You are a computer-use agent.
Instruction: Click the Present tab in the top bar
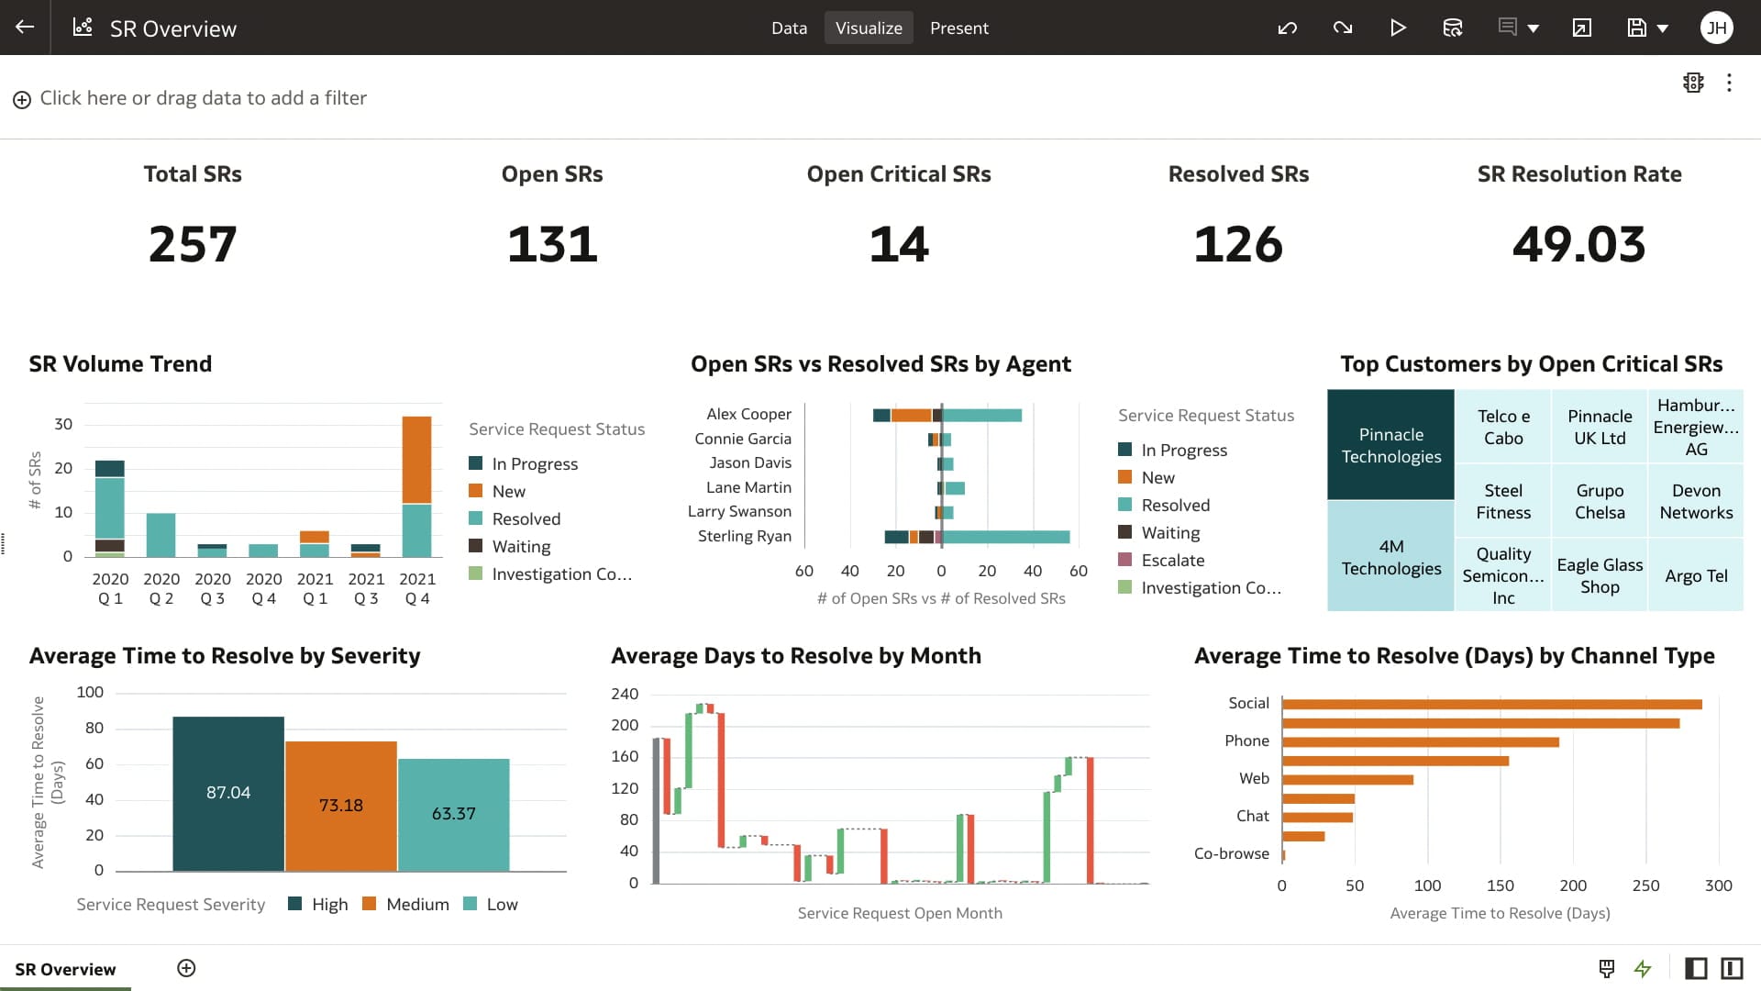958,28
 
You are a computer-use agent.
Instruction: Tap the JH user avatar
1716,28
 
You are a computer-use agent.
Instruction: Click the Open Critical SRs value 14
899,244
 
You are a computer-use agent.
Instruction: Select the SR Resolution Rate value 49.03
1578,244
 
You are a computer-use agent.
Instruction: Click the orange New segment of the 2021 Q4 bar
416,459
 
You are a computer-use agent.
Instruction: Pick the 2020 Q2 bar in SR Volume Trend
161,535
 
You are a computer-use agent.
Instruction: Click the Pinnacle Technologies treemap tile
1390,445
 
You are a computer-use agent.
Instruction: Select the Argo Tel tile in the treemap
1696,576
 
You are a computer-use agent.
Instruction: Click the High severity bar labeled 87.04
228,793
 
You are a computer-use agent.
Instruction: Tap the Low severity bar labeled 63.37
453,814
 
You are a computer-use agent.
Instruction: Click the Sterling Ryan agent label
744,536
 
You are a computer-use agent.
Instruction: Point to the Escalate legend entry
1172,560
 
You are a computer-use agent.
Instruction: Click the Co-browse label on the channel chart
1231,853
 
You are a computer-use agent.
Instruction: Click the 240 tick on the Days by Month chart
625,694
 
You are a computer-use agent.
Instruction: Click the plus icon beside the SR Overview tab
186,968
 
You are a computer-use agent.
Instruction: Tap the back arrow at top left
25,28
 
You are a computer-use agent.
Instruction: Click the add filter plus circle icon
22,99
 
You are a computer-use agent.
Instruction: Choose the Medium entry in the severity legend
416,904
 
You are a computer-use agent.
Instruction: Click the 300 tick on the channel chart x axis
1718,885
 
